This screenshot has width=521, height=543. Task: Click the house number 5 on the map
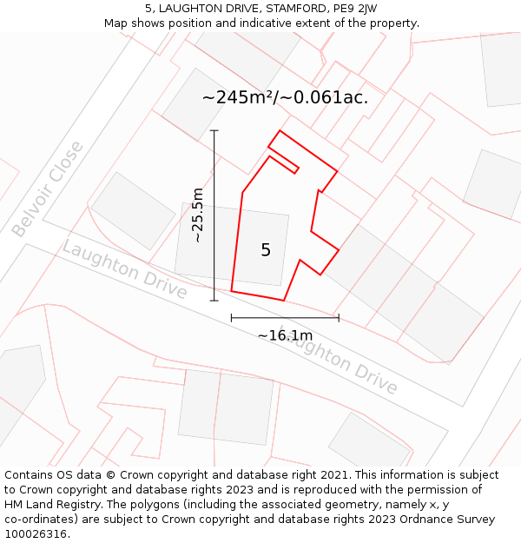(266, 250)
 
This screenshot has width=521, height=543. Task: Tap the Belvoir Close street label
(49, 189)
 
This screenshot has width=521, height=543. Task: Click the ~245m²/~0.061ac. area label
(285, 97)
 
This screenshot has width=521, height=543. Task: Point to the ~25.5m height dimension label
(198, 215)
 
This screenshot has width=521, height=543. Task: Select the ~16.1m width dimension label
(285, 335)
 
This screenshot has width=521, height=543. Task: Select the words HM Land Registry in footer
(54, 504)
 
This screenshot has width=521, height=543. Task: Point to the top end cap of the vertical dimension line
(214, 130)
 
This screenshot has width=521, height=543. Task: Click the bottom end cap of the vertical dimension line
(214, 301)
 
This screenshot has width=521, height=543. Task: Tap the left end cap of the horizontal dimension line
(231, 318)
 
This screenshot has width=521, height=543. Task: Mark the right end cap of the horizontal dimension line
(339, 318)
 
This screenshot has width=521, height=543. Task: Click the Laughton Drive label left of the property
(124, 269)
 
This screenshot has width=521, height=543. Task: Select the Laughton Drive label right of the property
(340, 363)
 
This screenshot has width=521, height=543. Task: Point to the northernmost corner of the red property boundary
(279, 131)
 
